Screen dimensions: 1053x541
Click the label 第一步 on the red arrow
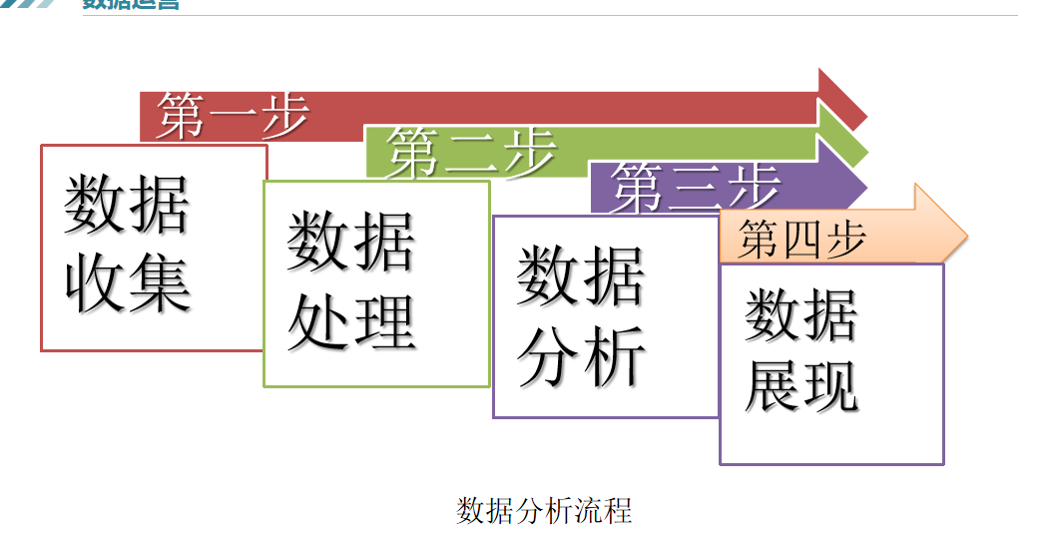point(232,116)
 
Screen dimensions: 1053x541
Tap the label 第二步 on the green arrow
point(471,152)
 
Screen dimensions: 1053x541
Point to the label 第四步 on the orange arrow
point(801,241)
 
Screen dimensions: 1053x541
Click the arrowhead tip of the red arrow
point(864,116)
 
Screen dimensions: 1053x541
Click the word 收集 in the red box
point(128,282)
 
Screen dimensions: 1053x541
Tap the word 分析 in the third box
point(581,356)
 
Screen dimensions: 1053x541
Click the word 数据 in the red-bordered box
point(128,205)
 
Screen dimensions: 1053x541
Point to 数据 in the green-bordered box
point(351,243)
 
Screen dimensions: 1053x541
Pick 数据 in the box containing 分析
point(581,276)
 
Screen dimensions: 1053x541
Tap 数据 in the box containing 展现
point(801,313)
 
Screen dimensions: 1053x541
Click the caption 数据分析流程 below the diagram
point(544,510)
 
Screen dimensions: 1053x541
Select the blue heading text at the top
point(131,4)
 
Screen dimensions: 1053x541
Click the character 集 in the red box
point(160,282)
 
